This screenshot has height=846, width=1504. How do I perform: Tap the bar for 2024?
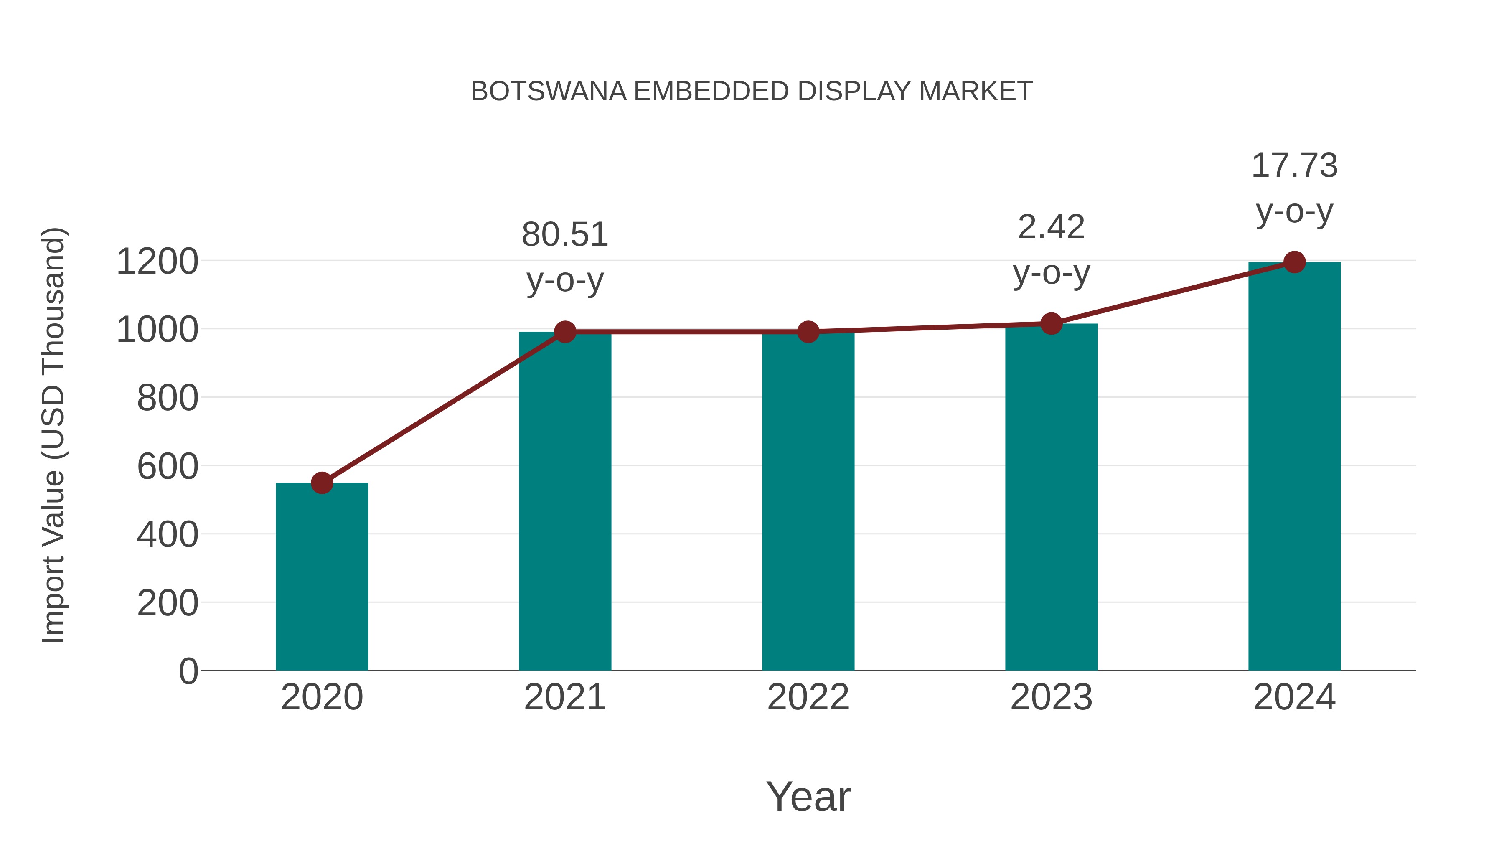pyautogui.click(x=1294, y=467)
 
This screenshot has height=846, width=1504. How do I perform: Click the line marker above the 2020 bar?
pyautogui.click(x=322, y=483)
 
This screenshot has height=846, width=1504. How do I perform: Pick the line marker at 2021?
pyautogui.click(x=564, y=332)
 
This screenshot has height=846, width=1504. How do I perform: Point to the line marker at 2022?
pyautogui.click(x=808, y=332)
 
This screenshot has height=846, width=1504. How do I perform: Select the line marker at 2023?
pyautogui.click(x=1051, y=323)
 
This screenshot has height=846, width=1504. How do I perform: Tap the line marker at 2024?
pyautogui.click(x=1294, y=262)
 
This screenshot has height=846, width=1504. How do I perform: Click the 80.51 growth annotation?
pyautogui.click(x=564, y=235)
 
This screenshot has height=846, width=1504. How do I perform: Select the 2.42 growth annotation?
pyautogui.click(x=1051, y=227)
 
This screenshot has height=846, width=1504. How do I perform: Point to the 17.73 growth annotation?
pyautogui.click(x=1294, y=166)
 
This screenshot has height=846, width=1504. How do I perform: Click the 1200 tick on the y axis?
pyautogui.click(x=158, y=261)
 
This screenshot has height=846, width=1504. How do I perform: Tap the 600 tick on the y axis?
pyautogui.click(x=168, y=467)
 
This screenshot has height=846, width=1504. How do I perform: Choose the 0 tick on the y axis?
pyautogui.click(x=188, y=671)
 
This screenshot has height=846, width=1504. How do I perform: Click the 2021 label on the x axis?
pyautogui.click(x=564, y=697)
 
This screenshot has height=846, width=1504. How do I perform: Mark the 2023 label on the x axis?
pyautogui.click(x=1051, y=697)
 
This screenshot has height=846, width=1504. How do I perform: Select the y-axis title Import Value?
pyautogui.click(x=54, y=435)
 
